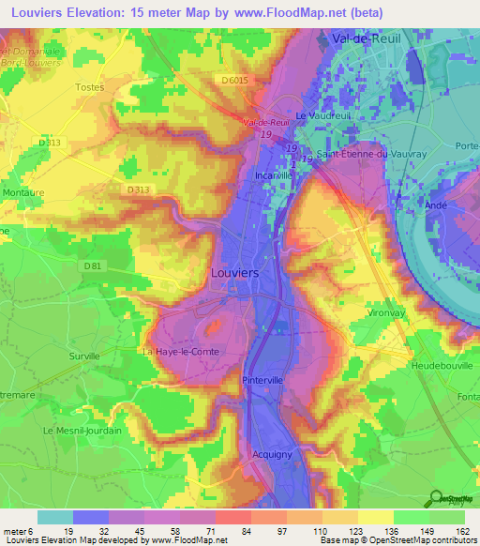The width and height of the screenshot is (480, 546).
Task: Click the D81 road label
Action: click(x=93, y=266)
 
